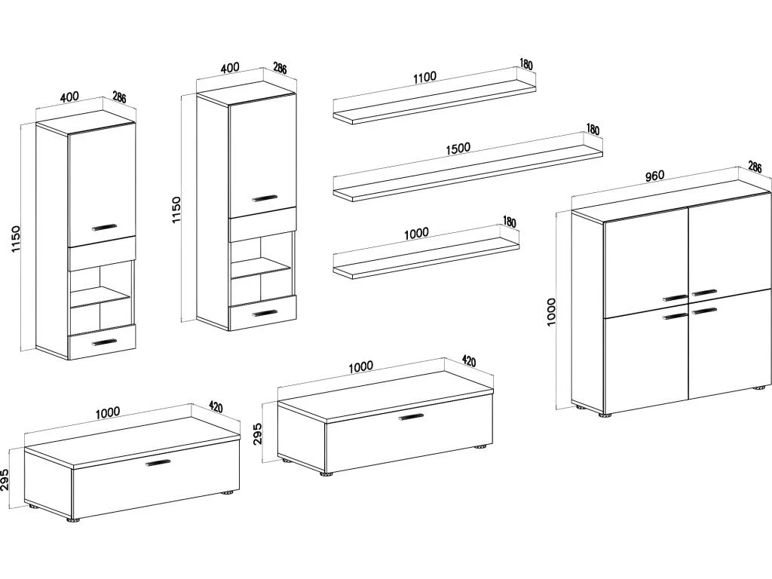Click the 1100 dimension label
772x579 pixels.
pos(425,77)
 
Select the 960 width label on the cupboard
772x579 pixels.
pos(654,176)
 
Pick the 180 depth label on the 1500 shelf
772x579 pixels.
pos(593,130)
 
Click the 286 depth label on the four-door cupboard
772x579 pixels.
pos(755,167)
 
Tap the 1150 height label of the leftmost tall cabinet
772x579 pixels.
pos(17,240)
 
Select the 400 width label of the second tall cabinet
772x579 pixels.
pos(229,68)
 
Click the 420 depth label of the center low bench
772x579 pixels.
pos(468,362)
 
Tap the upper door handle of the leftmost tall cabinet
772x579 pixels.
pos(104,225)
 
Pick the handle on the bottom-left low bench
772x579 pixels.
pos(158,463)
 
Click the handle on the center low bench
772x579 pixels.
pos(411,415)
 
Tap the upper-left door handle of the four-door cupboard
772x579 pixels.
pos(675,297)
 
